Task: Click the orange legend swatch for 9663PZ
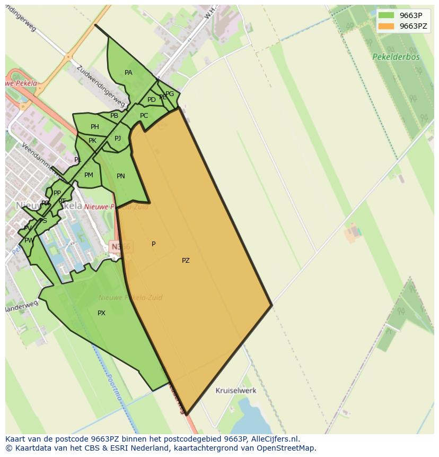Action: [386, 26]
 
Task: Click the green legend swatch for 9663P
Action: [386, 15]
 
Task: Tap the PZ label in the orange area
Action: [186, 261]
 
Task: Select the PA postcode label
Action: [128, 73]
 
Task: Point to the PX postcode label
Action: [101, 313]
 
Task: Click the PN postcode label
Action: [121, 176]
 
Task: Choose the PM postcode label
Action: [89, 175]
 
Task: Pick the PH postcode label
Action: [95, 127]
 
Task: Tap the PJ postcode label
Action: [118, 139]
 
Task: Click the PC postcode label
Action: [144, 116]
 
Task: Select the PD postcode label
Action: [152, 100]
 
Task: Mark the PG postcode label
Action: [170, 94]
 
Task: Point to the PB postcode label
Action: [114, 116]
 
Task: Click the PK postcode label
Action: [93, 141]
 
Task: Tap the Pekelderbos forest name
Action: [396, 57]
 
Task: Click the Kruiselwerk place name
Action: [236, 391]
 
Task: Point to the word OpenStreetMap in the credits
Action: [286, 448]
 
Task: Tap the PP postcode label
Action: [57, 193]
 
